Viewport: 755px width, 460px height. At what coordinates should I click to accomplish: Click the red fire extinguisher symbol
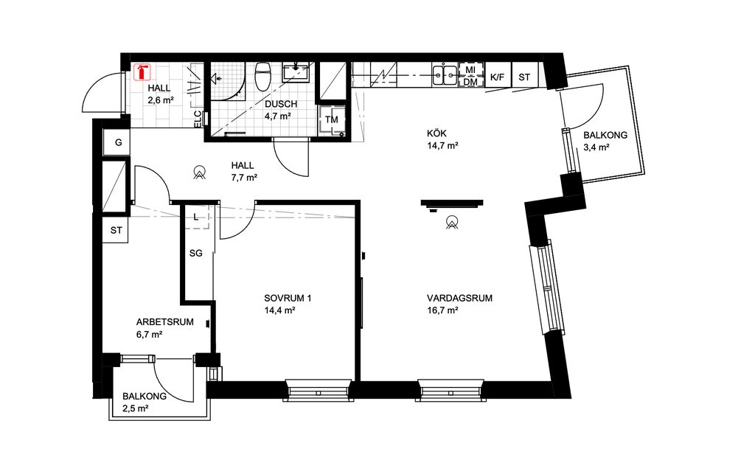pos(142,72)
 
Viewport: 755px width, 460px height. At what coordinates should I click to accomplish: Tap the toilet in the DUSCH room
pos(262,77)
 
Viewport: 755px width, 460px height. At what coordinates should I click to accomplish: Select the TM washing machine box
pos(332,120)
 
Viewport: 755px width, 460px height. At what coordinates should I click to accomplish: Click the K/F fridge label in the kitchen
pos(498,77)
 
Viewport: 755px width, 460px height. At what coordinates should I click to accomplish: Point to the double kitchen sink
pos(445,74)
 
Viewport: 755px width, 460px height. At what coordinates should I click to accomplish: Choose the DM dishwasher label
pos(470,83)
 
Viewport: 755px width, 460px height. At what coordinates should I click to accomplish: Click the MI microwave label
pos(470,70)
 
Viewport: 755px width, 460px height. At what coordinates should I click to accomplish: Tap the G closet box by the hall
pos(117,142)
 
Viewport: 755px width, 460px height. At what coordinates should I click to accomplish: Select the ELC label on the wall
pos(198,119)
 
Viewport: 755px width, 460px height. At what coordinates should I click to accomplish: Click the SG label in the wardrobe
pos(196,253)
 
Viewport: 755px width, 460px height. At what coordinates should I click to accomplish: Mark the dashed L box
pos(197,217)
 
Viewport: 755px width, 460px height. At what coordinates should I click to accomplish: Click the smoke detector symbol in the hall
pos(198,172)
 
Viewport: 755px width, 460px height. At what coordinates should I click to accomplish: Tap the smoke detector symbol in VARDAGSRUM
pos(452,222)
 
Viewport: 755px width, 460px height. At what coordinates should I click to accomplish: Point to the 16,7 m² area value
pos(442,310)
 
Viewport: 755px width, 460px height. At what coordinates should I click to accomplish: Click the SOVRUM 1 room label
pos(288,299)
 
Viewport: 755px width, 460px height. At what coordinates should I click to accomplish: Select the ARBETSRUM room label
pos(165,322)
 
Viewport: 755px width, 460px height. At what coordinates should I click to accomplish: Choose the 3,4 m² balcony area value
pos(596,147)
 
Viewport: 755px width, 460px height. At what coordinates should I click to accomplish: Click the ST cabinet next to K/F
pos(524,77)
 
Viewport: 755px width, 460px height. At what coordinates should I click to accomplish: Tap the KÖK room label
pos(436,133)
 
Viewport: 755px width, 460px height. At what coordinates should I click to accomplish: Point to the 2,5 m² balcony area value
pos(136,408)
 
